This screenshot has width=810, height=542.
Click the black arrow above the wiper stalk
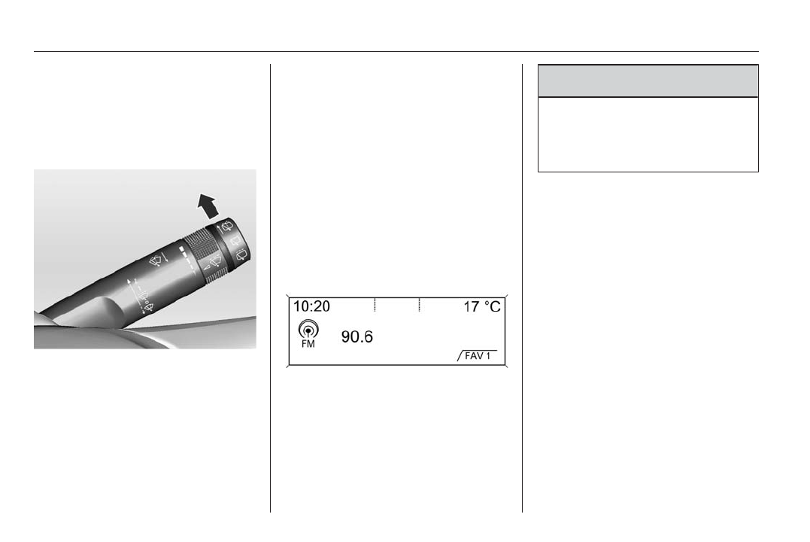[x=208, y=206]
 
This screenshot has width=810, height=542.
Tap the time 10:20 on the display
[x=311, y=306]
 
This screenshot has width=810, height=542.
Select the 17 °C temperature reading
[x=482, y=307]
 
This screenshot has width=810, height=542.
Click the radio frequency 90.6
[x=357, y=336]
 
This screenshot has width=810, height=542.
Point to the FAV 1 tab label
[x=478, y=356]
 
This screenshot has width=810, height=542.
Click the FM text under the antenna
[x=308, y=344]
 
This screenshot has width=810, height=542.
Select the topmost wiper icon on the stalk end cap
[x=227, y=227]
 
